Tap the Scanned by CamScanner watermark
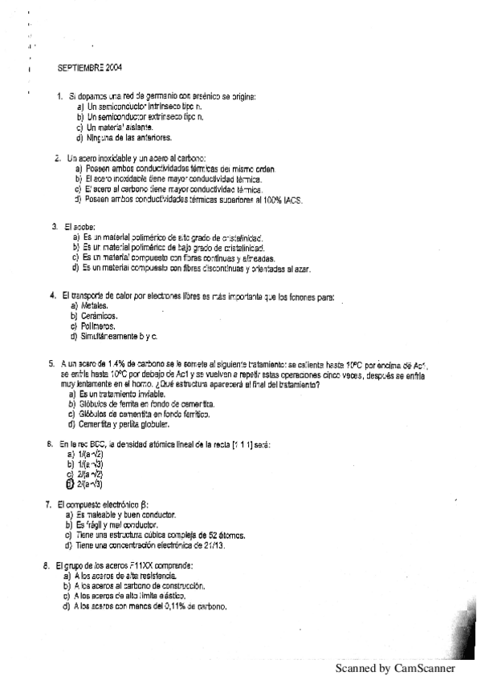pyautogui.click(x=395, y=668)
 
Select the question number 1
pyautogui.click(x=59, y=97)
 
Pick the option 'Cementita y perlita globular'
pyautogui.click(x=124, y=424)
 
